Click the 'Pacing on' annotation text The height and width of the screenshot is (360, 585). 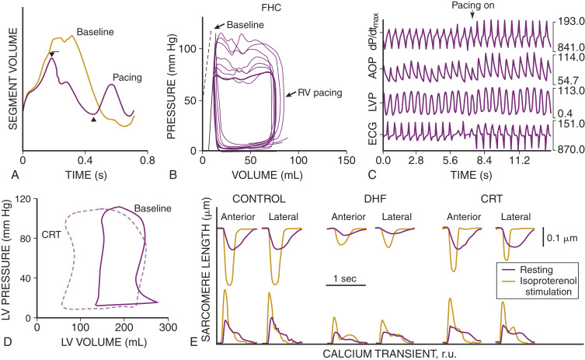[x=472, y=7]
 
